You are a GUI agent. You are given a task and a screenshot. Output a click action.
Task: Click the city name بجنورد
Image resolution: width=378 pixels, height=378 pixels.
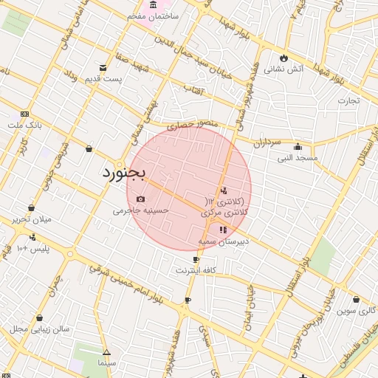[x=123, y=173]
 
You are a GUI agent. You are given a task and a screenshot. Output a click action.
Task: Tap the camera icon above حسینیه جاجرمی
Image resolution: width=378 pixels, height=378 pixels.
[x=141, y=199]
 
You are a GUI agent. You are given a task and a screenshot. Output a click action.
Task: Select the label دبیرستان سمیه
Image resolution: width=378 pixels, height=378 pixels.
[x=224, y=241]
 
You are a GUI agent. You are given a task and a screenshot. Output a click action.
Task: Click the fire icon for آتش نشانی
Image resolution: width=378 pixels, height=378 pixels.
[x=283, y=58]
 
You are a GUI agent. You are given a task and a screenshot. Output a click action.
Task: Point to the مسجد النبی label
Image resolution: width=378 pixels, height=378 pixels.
[x=298, y=158]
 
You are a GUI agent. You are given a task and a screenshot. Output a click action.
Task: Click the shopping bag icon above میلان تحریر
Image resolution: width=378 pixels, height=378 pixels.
[x=31, y=208]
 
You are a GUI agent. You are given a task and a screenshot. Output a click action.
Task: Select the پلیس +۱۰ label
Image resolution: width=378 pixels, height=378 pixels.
[x=32, y=249]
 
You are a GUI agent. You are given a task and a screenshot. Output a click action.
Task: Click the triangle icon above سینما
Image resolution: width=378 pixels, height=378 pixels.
[x=106, y=352]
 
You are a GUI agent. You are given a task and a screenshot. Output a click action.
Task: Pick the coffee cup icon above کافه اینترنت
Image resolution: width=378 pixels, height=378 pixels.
[x=196, y=260]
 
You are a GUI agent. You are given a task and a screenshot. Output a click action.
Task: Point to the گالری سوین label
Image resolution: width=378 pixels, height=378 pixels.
[x=357, y=311]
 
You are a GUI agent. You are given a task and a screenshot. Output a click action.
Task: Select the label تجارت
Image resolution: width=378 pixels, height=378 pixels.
[x=348, y=100]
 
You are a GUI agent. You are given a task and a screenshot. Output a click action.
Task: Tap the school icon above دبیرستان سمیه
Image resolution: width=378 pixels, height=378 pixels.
[x=224, y=230]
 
